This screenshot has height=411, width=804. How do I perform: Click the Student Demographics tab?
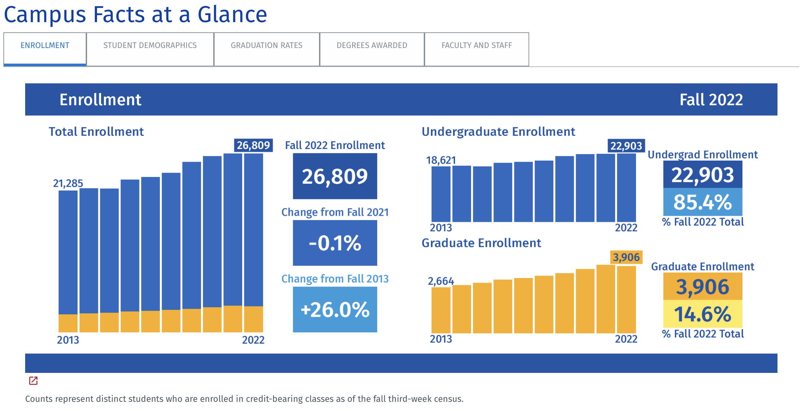pos(150,46)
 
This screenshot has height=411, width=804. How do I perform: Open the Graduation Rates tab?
pos(267,46)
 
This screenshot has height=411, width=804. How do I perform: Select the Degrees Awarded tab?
pos(372,46)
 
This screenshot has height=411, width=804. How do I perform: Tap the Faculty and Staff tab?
pos(476,46)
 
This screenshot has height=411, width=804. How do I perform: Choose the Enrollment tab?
pos(45,46)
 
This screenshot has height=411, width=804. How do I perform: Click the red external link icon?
pos(33,381)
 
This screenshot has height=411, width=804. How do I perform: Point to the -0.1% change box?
pos(335,243)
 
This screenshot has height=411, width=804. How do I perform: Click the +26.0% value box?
pos(335,310)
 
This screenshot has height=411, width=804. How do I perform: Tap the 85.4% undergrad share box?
pos(703,202)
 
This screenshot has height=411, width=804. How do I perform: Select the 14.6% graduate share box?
pos(703,314)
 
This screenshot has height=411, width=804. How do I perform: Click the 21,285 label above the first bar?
pos(68,183)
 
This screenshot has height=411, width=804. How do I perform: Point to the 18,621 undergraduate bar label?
pos(441,160)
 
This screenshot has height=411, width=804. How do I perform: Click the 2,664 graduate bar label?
pos(441,281)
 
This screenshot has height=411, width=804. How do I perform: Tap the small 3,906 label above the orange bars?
pos(626,257)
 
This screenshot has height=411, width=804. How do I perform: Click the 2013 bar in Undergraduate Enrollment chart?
pos(441,194)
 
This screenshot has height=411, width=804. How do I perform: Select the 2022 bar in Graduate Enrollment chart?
pos(626,299)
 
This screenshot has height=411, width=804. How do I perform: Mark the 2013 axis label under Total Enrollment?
pos(68,340)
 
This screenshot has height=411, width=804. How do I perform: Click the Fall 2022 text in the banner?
pos(711,100)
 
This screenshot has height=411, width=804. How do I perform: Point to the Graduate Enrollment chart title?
pos(481,243)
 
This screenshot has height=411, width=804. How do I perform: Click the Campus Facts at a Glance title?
pos(135,15)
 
